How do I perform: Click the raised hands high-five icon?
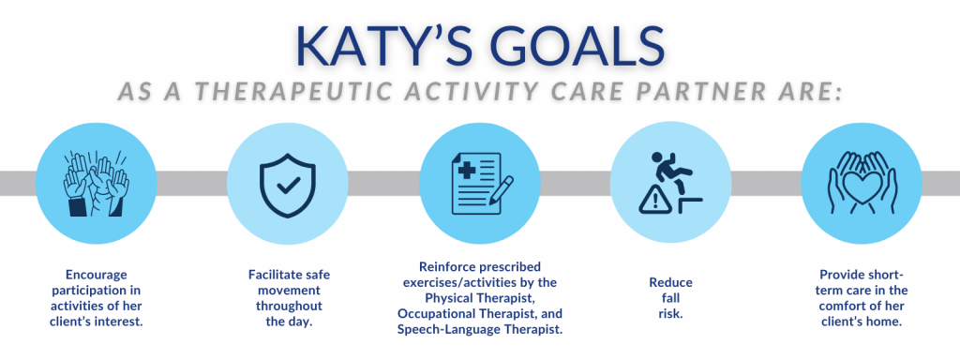(97, 184)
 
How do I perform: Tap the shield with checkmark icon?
(287, 183)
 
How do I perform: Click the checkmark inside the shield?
(287, 185)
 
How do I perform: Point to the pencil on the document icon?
(499, 190)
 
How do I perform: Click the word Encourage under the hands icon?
(97, 275)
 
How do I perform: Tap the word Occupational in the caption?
(433, 314)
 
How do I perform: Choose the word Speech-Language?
(446, 330)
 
